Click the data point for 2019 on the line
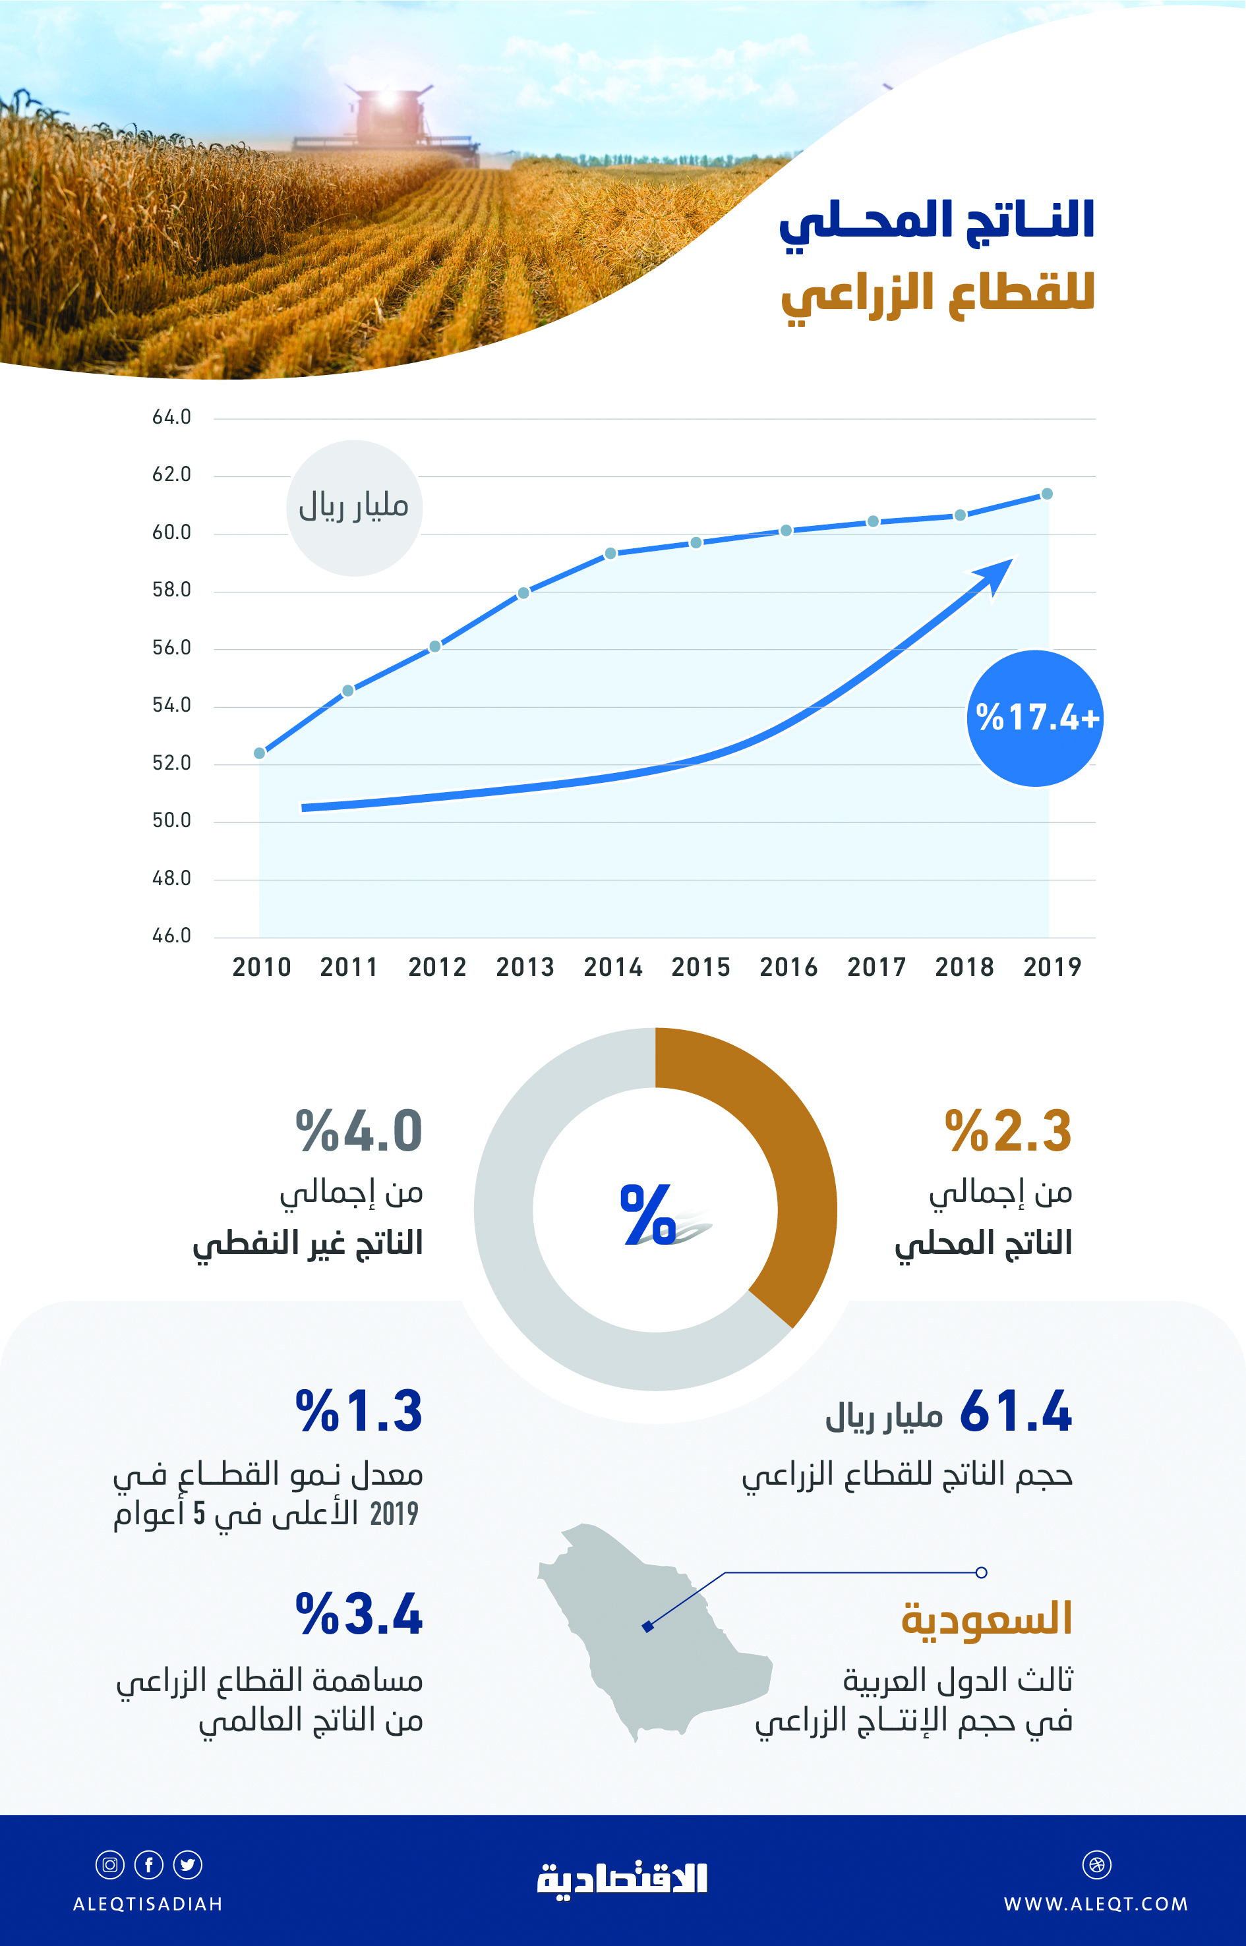(1046, 494)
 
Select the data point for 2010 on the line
(260, 753)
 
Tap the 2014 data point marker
(611, 554)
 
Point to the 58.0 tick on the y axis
(171, 590)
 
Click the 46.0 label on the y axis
(171, 936)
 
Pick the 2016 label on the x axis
(788, 967)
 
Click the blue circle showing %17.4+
(1035, 718)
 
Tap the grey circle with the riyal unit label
(353, 508)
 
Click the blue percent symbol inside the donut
(647, 1214)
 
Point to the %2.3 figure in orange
(1008, 1131)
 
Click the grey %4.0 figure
(359, 1131)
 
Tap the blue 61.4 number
(1015, 1412)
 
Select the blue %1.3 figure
(359, 1412)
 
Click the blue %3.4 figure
(359, 1615)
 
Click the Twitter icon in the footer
(188, 1864)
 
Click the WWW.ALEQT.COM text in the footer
(1096, 1904)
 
